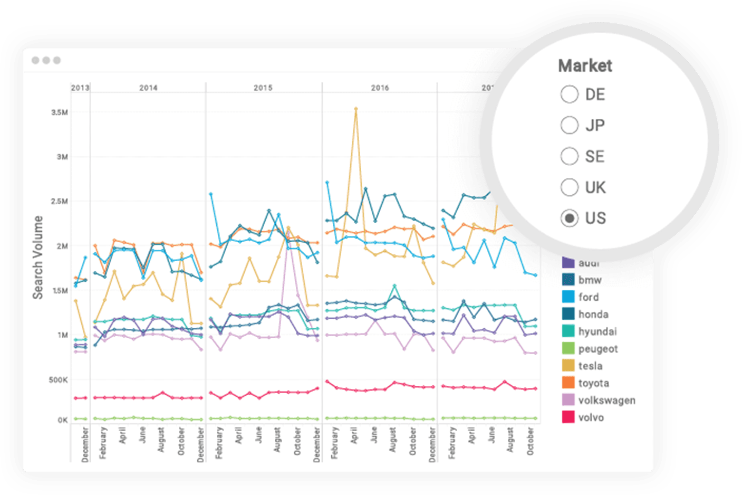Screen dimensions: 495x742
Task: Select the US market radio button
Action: [570, 218]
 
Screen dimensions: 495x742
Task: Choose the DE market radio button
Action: [570, 94]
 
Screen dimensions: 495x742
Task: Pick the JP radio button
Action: [570, 126]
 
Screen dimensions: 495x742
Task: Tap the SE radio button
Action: [570, 156]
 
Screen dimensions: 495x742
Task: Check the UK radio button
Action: [570, 187]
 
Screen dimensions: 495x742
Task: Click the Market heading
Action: [585, 66]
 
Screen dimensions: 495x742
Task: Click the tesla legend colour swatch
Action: [568, 366]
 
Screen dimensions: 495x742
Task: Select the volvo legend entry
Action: [590, 417]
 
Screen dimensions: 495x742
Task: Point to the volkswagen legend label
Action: [606, 400]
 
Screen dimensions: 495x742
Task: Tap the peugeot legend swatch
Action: [568, 348]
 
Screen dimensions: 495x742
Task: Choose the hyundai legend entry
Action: [597, 331]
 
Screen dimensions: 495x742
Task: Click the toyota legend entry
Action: [593, 383]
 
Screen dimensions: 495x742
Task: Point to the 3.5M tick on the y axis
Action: [60, 112]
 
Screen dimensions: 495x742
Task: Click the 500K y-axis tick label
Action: [58, 380]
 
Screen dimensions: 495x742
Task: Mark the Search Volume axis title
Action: [38, 258]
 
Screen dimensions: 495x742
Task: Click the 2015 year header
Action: [263, 88]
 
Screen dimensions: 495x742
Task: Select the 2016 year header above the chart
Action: [380, 88]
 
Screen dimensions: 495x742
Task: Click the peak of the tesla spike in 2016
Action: [356, 109]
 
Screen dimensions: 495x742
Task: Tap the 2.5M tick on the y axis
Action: [60, 201]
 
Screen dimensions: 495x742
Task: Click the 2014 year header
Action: [148, 88]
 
